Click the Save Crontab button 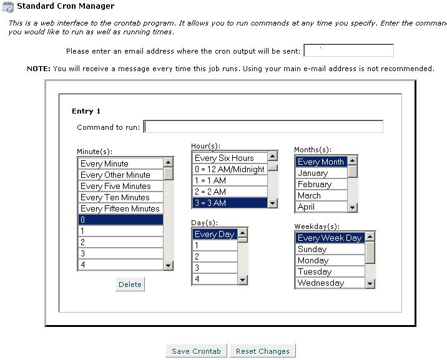coord(197,351)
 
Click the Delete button coord(130,285)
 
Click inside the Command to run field coord(263,127)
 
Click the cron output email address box coord(348,51)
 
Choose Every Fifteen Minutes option coord(120,209)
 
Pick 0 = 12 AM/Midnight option coord(229,170)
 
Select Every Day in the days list coord(214,235)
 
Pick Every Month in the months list coord(321,162)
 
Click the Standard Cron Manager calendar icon coord(8,6)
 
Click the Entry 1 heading coord(86,112)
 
